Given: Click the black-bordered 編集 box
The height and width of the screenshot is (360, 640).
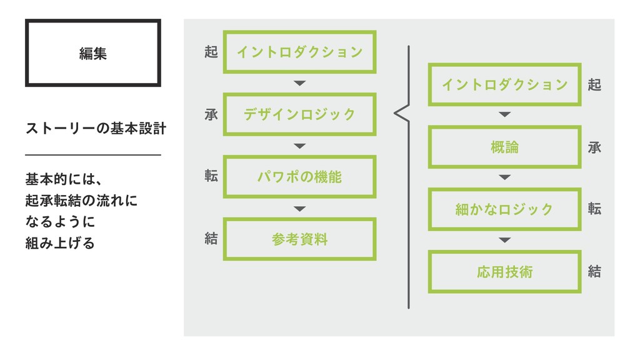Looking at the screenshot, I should coord(92,53).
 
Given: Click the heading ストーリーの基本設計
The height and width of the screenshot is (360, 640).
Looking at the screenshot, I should coord(95,129).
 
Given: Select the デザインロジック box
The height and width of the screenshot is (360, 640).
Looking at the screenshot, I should coord(299,114).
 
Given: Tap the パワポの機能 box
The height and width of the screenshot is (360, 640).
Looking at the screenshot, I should coord(299,177).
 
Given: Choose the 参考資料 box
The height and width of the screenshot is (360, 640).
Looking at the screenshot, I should coord(299,239).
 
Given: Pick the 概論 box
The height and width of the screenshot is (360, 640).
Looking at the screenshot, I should coord(504,147).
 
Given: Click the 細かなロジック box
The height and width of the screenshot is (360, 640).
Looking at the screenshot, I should coord(504,209).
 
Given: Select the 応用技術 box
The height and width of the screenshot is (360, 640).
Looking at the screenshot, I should coord(504,272).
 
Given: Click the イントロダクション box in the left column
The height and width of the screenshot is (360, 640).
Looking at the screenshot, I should coord(299,52).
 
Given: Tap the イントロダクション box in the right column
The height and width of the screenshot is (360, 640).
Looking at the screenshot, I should coord(504,84).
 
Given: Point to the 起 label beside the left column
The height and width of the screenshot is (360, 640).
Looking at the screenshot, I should coord(211,52).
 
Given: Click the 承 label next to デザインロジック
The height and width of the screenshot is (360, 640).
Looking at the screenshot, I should coord(211,114).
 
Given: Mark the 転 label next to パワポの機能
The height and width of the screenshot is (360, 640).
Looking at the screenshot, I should coord(211,177).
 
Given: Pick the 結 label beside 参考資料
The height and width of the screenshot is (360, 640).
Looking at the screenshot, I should coord(211,239).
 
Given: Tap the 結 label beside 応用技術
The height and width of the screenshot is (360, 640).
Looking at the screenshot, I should coord(594,272).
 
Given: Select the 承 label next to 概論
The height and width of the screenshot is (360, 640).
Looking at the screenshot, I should coord(594,147).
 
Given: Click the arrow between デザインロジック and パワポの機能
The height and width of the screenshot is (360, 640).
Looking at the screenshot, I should coord(300,146).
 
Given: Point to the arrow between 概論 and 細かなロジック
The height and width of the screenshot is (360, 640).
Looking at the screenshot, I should coord(504,178).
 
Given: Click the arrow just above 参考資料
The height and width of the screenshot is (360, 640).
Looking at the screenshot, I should coord(300,208).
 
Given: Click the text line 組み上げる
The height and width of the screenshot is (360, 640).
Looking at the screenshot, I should coord(60,243).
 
